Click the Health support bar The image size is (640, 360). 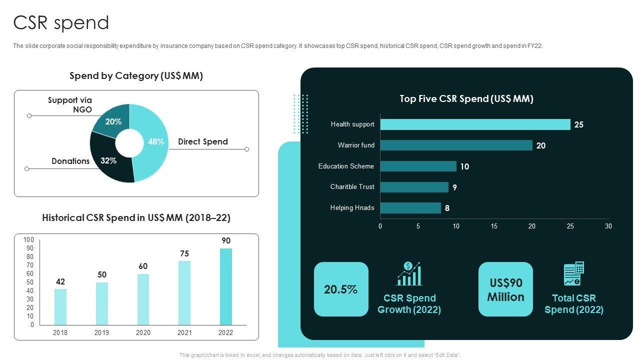[475, 124]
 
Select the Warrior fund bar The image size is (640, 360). [456, 145]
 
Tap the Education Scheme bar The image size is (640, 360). [418, 166]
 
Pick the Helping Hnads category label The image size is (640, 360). [352, 208]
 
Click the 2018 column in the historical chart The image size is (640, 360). [60, 306]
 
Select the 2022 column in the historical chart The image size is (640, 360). [226, 286]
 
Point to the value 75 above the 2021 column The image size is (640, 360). [184, 254]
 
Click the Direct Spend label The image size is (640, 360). [203, 142]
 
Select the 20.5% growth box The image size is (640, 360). [341, 289]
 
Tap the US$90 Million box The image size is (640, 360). [505, 289]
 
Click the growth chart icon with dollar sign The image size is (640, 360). [409, 274]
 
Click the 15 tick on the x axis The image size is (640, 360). [494, 226]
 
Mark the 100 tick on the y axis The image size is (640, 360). [29, 240]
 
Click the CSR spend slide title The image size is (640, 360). [61, 23]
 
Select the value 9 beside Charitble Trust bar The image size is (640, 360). [454, 187]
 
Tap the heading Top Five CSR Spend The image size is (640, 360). [466, 99]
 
